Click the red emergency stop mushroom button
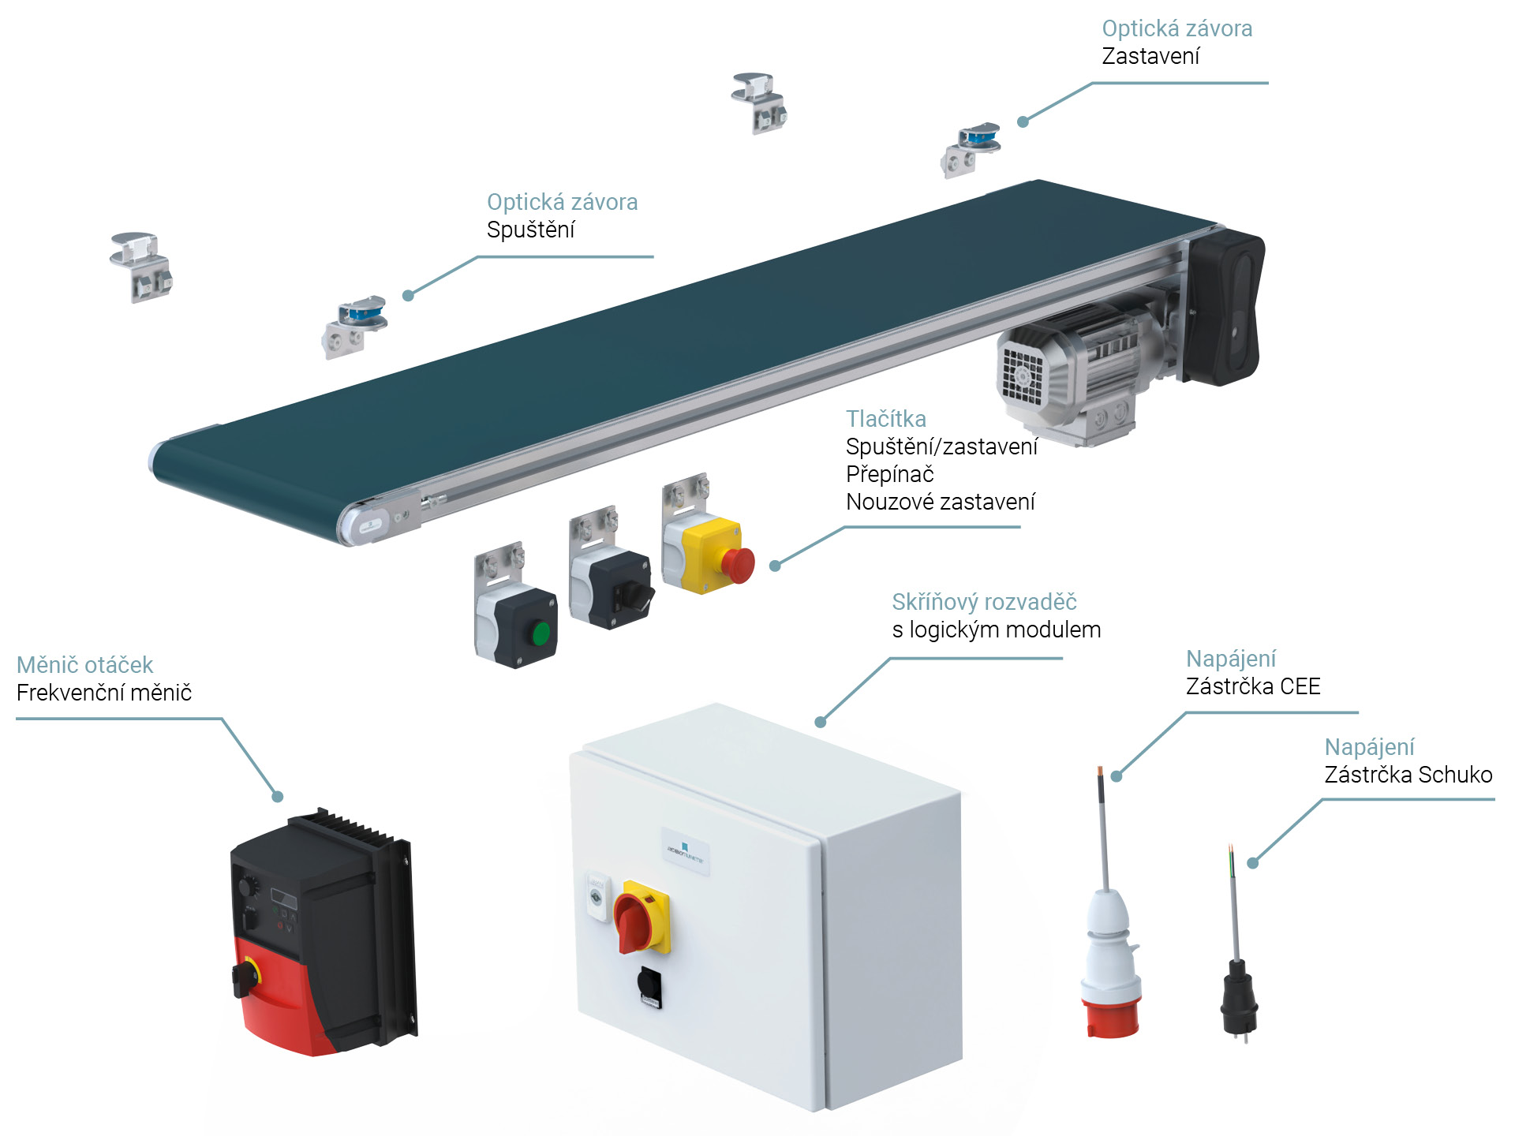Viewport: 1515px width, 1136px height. (x=738, y=565)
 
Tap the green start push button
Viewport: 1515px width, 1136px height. (x=541, y=633)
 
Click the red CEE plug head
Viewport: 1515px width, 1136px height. (x=1111, y=1018)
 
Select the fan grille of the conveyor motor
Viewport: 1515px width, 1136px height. (x=1023, y=376)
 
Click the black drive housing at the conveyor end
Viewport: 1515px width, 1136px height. (x=1225, y=308)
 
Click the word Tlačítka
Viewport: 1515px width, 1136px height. (x=885, y=419)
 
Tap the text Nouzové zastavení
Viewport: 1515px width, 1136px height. (x=940, y=502)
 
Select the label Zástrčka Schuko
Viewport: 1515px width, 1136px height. (x=1408, y=775)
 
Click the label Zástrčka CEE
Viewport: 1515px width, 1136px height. (x=1252, y=686)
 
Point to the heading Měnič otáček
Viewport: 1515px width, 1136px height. (x=84, y=665)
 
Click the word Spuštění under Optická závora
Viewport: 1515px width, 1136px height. (x=530, y=230)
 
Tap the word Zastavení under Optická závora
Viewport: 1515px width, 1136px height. (x=1150, y=57)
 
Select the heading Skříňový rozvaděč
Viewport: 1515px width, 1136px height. (x=983, y=602)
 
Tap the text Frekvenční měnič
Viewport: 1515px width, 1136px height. (x=103, y=693)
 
